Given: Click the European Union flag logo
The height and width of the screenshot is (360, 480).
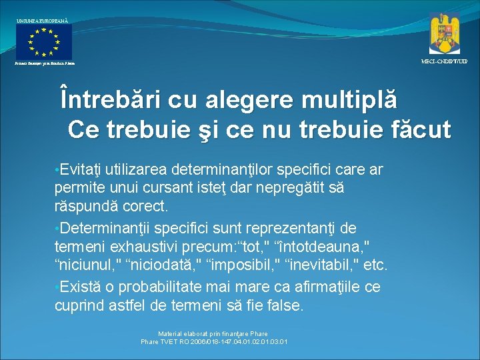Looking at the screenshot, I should point(44,42).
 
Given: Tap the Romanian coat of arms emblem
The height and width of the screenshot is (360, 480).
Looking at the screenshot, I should point(445,33).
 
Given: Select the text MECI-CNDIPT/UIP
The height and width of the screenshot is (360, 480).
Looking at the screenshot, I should point(444,61).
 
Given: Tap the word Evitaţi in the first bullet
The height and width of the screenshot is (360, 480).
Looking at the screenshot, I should point(81,170).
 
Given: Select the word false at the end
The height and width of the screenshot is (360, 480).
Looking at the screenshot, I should point(285,305).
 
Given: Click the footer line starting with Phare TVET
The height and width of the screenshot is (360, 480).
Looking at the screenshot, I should point(214,342).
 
